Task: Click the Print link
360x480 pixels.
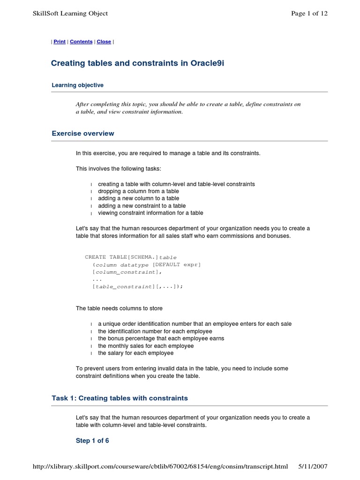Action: [60, 42]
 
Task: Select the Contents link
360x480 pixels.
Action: [81, 42]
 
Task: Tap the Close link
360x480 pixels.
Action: [104, 42]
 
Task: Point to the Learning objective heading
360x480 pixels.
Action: [77, 85]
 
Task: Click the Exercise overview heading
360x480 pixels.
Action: [82, 134]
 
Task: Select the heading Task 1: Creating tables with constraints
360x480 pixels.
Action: [120, 398]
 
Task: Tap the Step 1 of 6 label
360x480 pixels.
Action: [92, 441]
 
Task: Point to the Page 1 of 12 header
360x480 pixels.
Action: [309, 13]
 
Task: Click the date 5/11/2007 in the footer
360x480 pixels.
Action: [313, 466]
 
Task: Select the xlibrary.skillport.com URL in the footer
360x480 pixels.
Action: [160, 466]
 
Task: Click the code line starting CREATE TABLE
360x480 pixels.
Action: [131, 257]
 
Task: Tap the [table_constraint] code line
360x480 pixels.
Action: [137, 286]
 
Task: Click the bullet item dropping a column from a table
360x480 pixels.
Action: [138, 191]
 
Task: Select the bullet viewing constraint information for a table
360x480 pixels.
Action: [150, 213]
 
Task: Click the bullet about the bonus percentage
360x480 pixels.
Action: [161, 338]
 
